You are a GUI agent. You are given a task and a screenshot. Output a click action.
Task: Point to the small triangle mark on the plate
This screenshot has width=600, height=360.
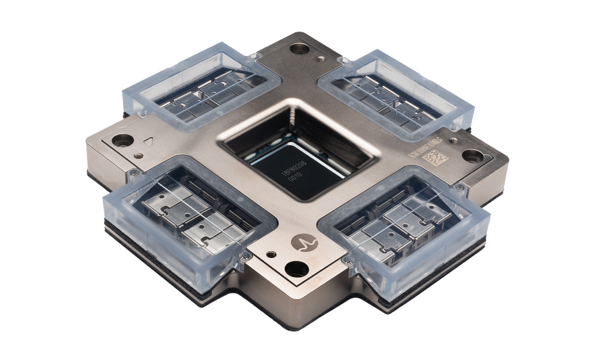pos(150,144)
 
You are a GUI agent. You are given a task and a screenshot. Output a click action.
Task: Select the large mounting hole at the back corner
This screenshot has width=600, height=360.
pos(298,49)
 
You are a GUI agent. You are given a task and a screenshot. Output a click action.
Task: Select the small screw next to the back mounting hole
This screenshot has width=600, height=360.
pos(322,58)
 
